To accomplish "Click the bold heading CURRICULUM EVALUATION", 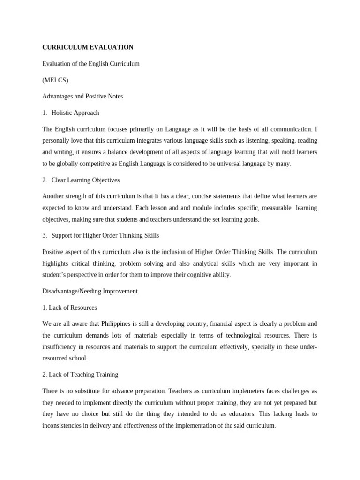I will [88, 47].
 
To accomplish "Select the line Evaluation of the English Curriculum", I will [91, 64].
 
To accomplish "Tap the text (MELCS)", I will [55, 80].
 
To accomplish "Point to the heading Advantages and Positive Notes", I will [82, 97].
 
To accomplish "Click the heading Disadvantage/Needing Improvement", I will [90, 291].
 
